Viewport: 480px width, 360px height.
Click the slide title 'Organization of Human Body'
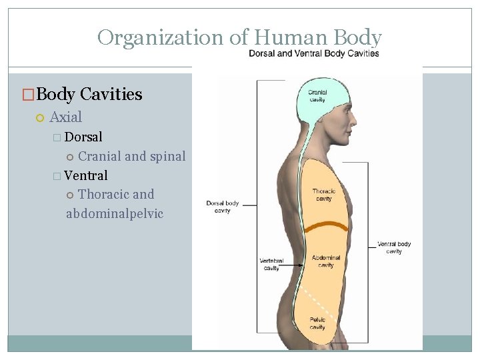[239, 37]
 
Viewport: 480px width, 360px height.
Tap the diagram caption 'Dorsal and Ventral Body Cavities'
[314, 54]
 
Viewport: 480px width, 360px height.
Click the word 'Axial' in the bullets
[65, 117]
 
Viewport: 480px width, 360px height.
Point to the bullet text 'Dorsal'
[83, 137]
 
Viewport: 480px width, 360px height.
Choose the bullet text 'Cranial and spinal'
[131, 157]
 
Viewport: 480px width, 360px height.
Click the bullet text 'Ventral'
[85, 176]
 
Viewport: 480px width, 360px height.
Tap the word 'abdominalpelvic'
[115, 214]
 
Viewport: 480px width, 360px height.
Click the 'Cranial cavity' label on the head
[317, 96]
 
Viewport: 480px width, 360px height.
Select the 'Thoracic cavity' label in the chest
[323, 195]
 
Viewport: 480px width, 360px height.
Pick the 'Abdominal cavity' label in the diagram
[325, 261]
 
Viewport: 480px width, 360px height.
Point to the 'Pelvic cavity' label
[317, 323]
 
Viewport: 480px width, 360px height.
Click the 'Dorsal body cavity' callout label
[223, 207]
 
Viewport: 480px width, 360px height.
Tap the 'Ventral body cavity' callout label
[394, 247]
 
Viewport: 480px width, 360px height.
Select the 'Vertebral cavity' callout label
[271, 264]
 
